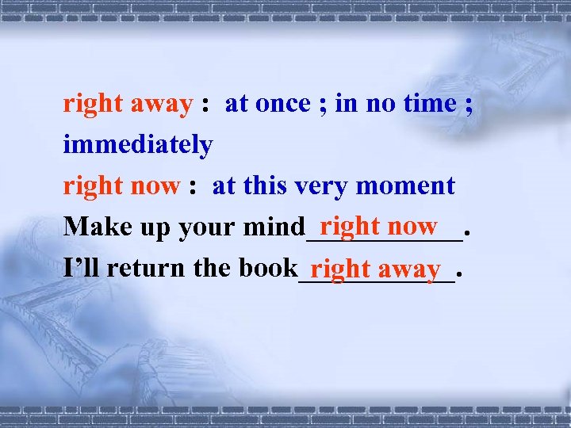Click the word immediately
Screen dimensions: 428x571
tap(137, 145)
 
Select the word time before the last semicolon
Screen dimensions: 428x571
tap(427, 104)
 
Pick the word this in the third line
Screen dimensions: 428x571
tap(266, 186)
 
